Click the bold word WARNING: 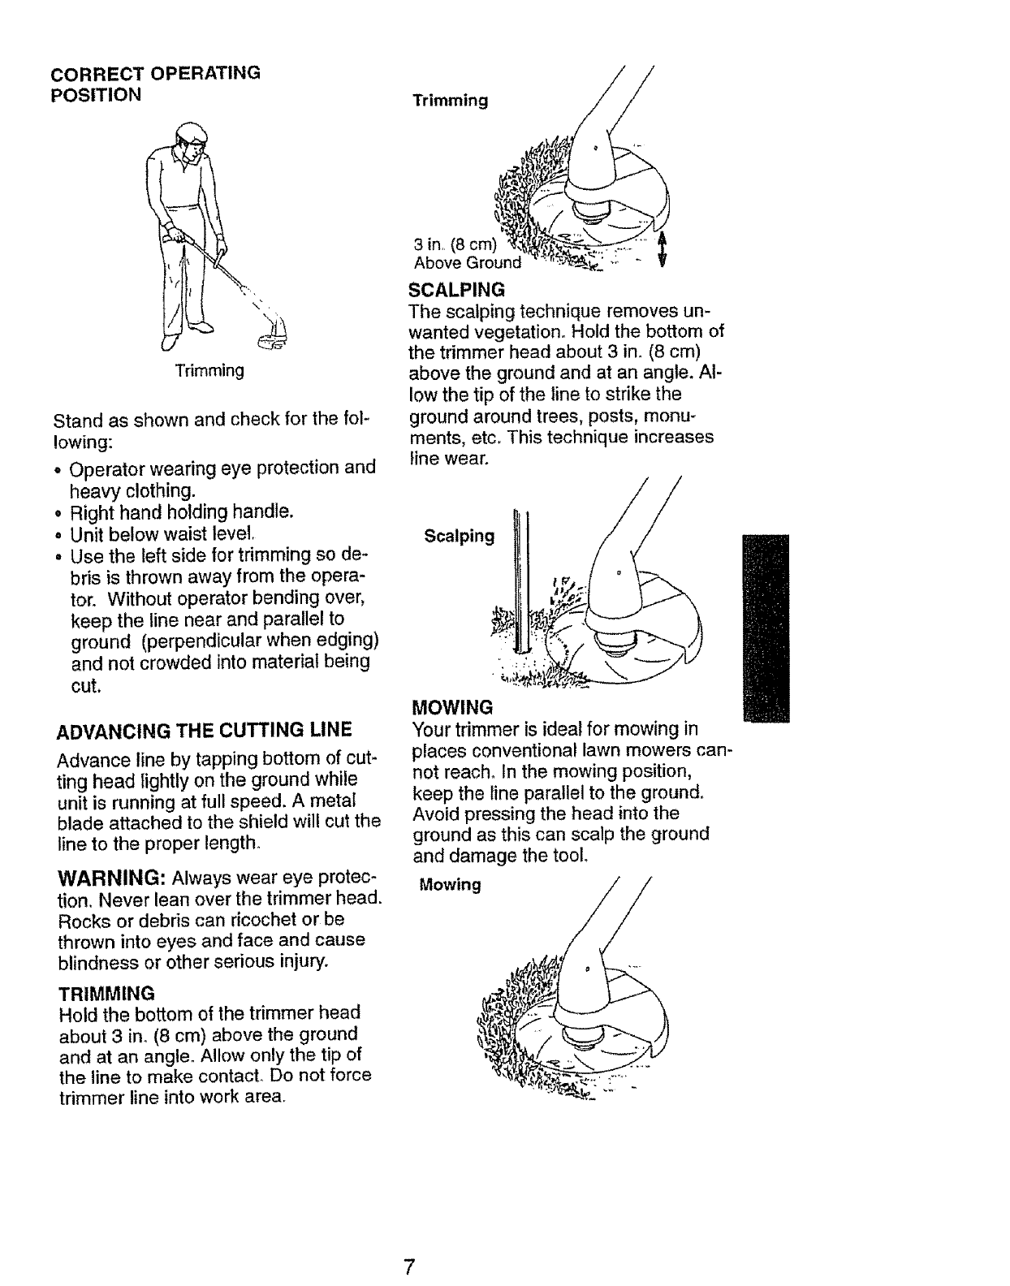112,880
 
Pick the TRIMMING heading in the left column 106,993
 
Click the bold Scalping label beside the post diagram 459,536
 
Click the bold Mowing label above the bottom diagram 450,884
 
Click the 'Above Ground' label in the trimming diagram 467,263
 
